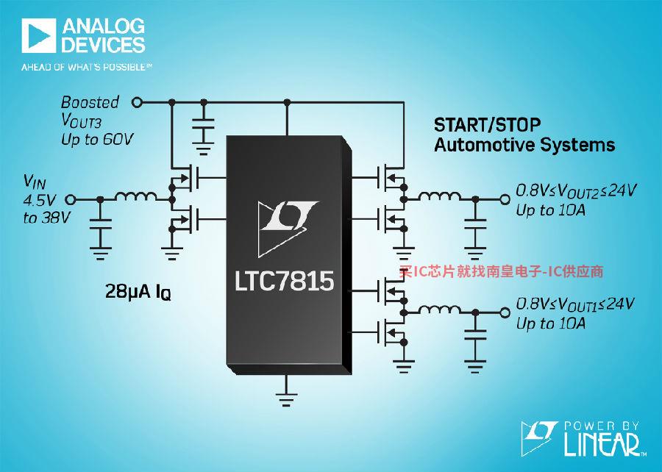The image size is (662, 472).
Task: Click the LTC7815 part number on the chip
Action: (x=284, y=281)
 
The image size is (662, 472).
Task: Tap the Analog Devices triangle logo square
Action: (x=39, y=35)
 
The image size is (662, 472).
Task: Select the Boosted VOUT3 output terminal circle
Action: (x=137, y=102)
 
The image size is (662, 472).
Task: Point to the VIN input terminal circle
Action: (x=71, y=199)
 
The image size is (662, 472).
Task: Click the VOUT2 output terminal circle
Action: (x=505, y=199)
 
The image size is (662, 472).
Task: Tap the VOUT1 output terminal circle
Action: (x=505, y=312)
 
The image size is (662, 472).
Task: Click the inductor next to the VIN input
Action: (x=135, y=196)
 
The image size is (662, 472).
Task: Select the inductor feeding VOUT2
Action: (x=440, y=196)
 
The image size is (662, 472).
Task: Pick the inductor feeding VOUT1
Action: (x=440, y=310)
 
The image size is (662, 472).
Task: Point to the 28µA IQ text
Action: (x=138, y=291)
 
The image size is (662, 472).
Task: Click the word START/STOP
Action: (x=487, y=125)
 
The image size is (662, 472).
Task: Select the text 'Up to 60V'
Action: (x=97, y=139)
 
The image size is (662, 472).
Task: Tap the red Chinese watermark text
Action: (x=501, y=271)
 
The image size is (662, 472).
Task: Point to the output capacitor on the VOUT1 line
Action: (x=475, y=335)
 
